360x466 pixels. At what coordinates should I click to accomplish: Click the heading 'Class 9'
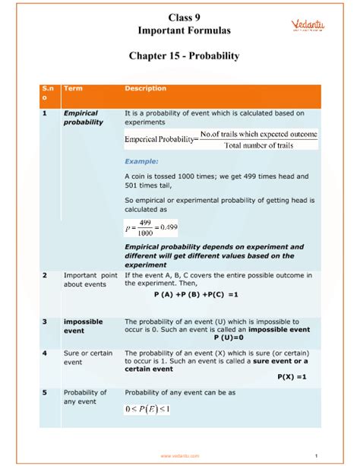tap(179, 17)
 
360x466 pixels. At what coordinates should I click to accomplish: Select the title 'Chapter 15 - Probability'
tap(179, 56)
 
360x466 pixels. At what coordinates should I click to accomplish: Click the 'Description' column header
tap(145, 89)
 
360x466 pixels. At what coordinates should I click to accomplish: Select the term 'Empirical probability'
tap(83, 118)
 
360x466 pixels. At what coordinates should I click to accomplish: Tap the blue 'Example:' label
tap(142, 161)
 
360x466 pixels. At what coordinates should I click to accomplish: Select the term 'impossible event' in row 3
tap(83, 326)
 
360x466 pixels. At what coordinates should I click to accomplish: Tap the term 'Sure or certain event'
tap(83, 358)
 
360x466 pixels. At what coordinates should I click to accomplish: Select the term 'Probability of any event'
tap(85, 397)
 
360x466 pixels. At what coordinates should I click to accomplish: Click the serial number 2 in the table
tap(45, 274)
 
